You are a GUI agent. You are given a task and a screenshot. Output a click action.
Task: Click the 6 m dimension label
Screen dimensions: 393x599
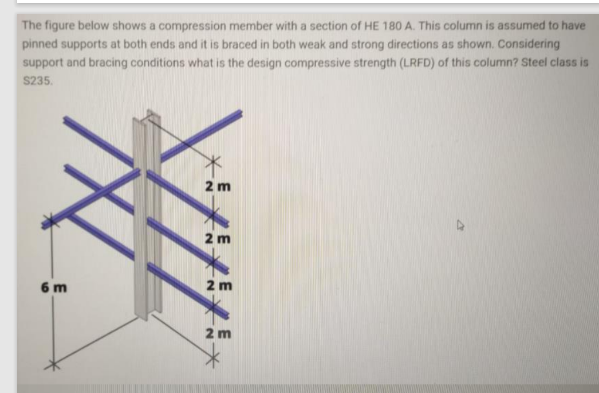coord(50,287)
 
